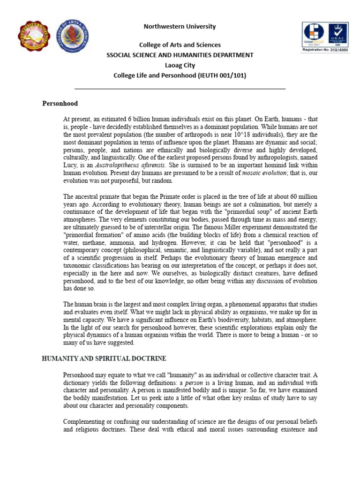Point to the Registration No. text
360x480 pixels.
tap(324, 49)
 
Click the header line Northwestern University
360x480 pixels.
tap(180, 27)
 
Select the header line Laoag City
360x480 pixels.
tap(180, 65)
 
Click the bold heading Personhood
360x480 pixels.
tap(60, 103)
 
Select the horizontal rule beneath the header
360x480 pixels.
tap(180, 89)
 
